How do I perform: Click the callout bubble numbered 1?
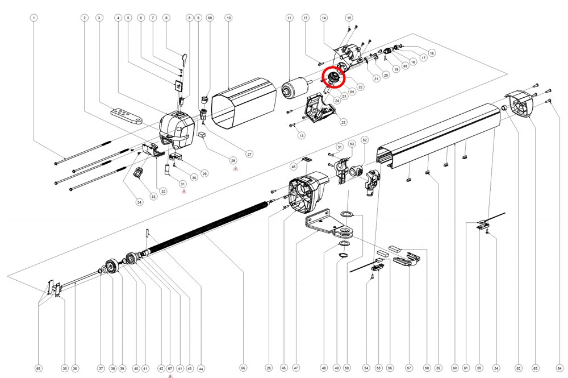[34, 18]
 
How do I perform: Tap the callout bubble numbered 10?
[228, 18]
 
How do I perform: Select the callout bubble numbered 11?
[289, 18]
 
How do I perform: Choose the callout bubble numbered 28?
[233, 161]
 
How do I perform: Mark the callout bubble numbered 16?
[432, 53]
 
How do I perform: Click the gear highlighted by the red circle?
[333, 78]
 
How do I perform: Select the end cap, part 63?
[521, 106]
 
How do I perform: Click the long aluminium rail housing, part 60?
[437, 136]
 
